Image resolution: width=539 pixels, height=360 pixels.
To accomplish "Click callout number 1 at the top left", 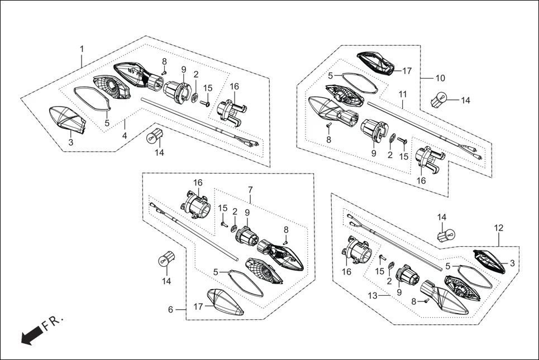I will point(82,49).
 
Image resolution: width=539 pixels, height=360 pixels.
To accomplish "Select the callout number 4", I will point(125,136).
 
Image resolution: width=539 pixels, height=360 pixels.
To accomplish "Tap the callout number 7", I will point(251,190).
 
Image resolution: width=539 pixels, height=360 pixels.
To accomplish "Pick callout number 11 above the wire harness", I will point(403,94).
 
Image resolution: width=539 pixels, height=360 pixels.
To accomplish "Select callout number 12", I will point(499,228).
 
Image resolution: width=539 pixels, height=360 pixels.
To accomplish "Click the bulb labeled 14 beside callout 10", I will point(440,102).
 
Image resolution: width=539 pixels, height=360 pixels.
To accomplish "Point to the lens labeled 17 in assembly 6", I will point(226,303).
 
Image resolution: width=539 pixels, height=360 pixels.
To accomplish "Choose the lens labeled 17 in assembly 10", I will point(378,62).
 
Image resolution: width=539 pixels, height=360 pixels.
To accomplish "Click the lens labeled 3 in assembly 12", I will point(490,262).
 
